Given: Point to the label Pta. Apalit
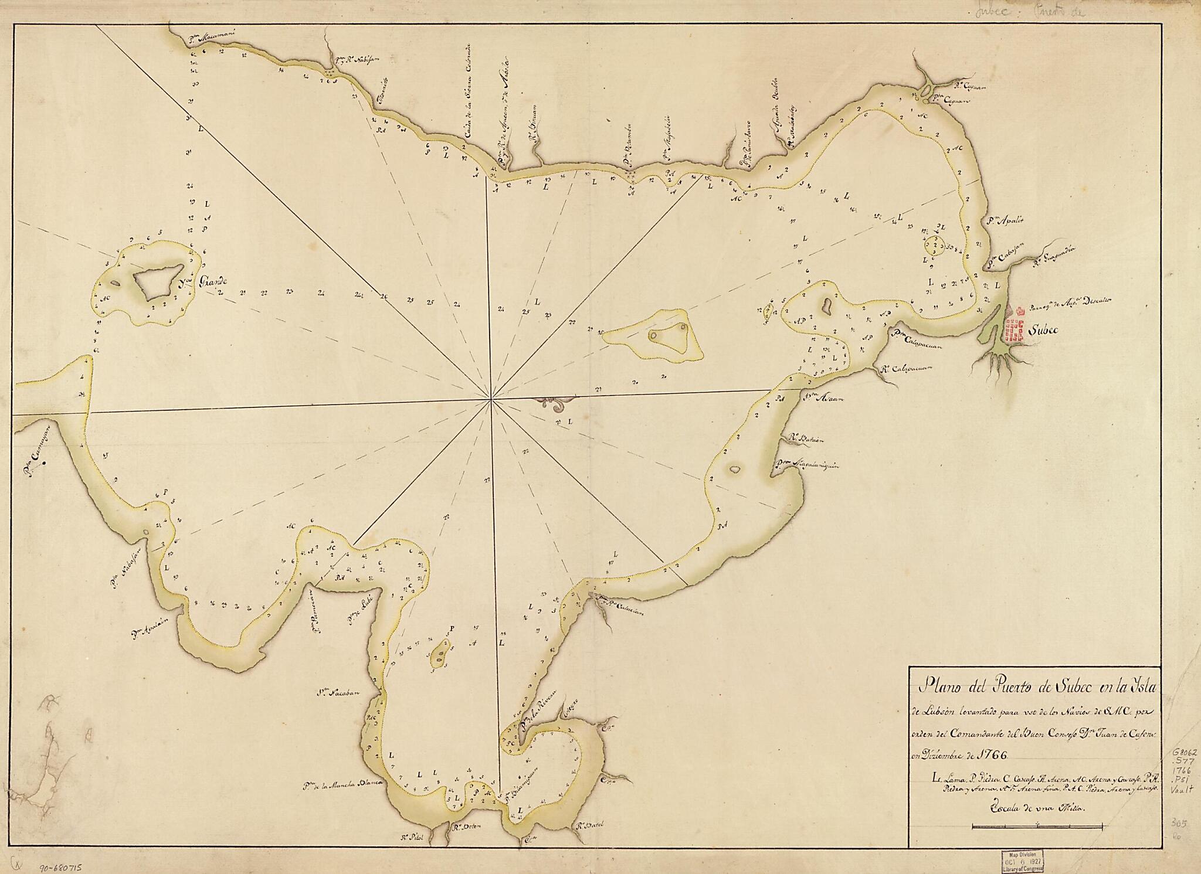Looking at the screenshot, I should coord(1005,221).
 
